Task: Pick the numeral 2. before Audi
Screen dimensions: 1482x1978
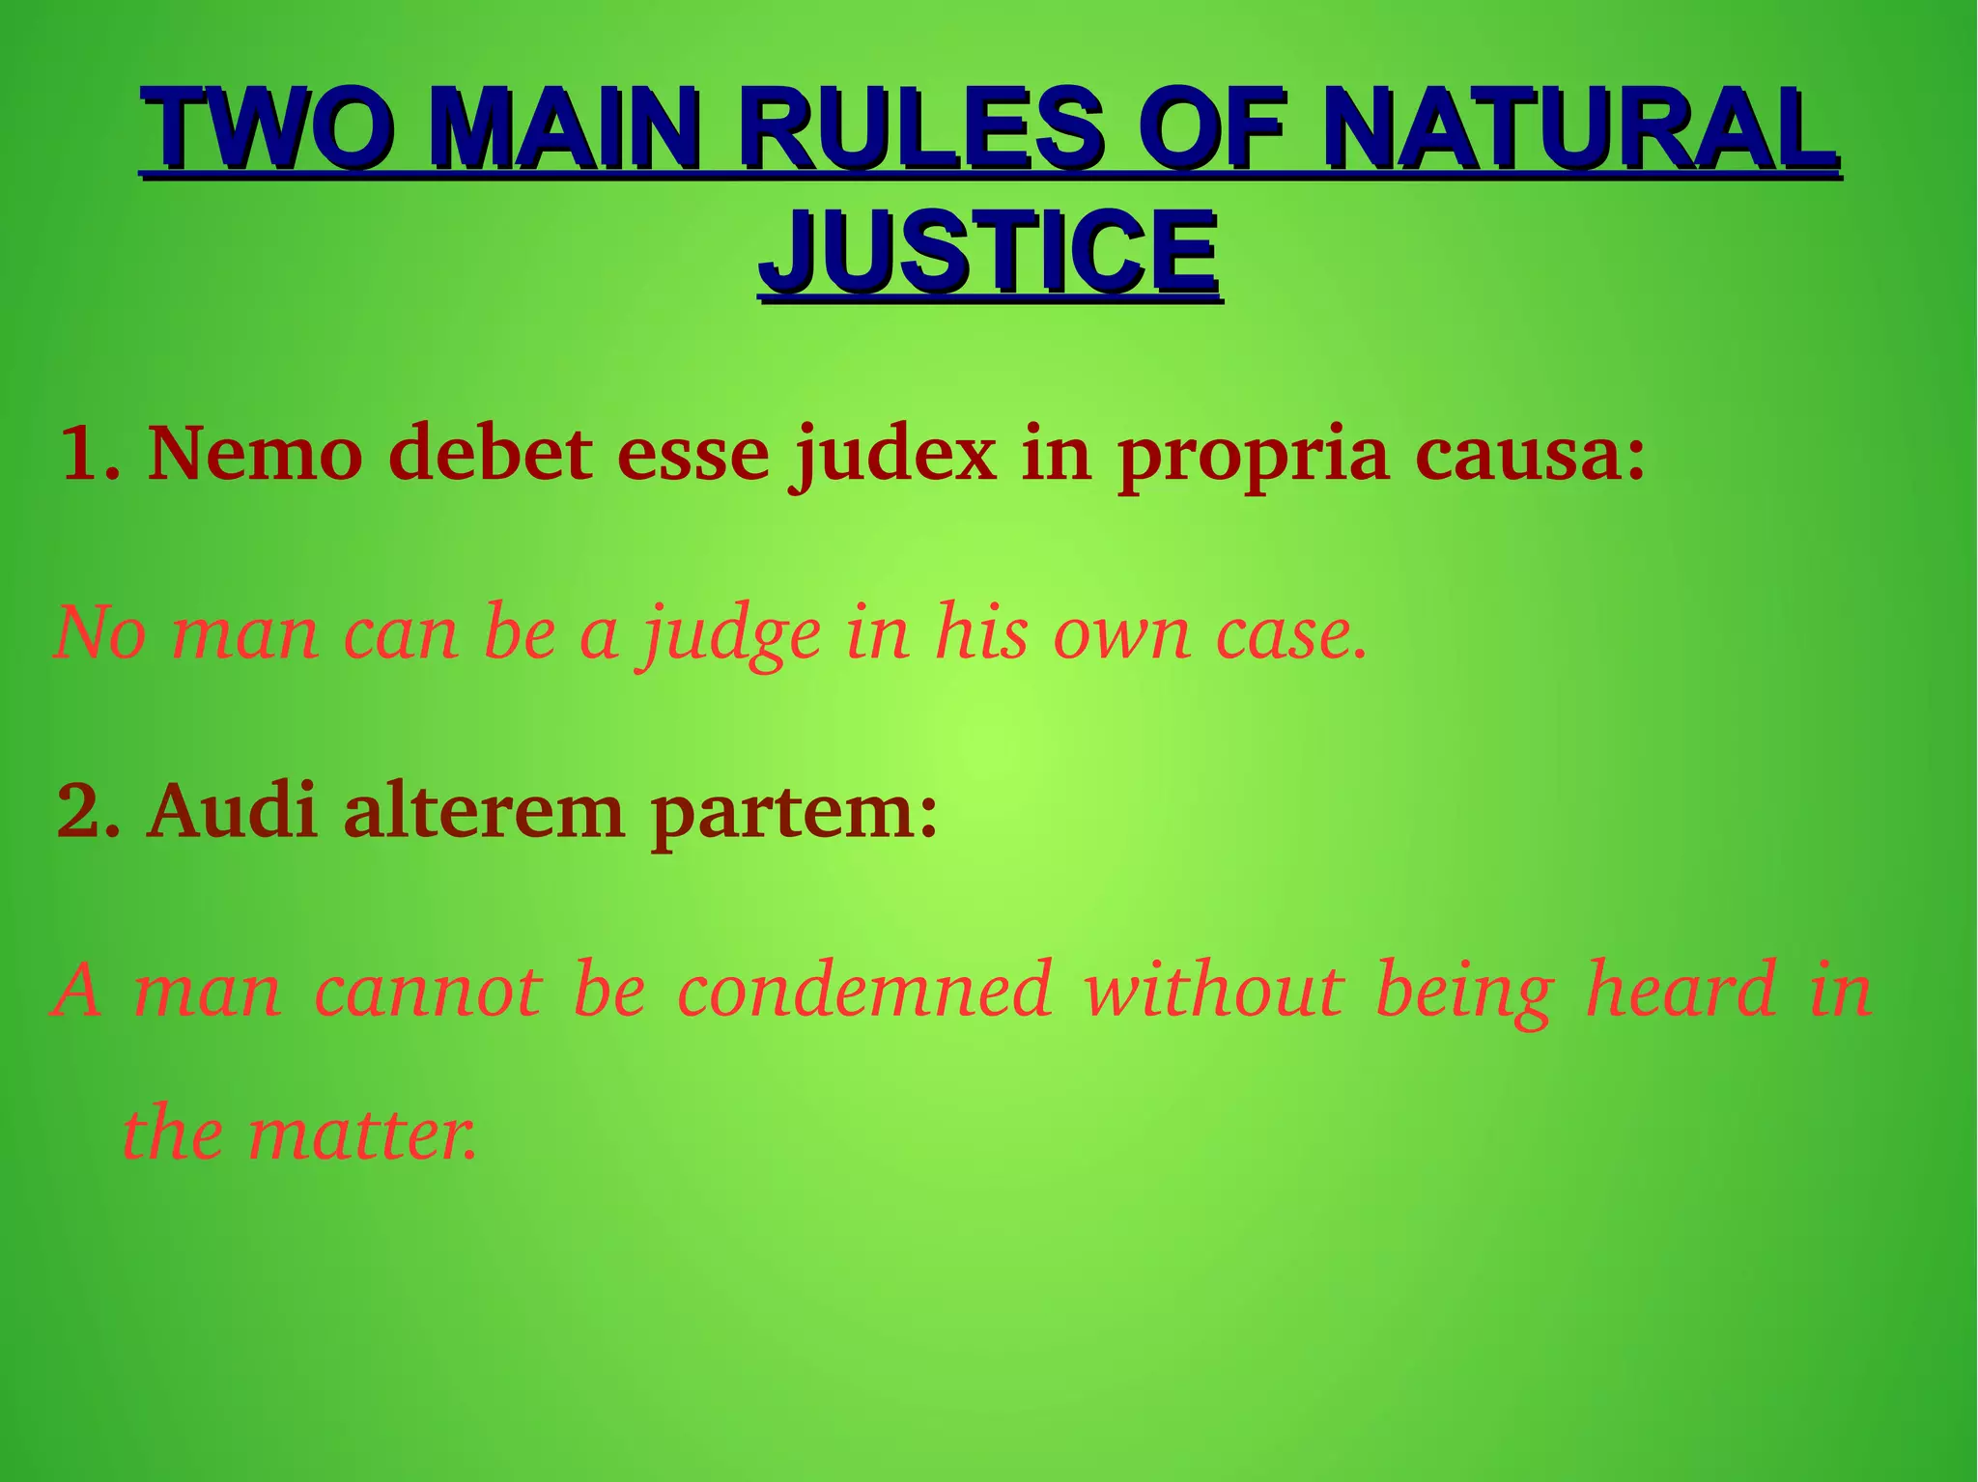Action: click(x=89, y=811)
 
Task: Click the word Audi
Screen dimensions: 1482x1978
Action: click(x=233, y=811)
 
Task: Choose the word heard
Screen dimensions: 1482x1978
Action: click(x=1681, y=990)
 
